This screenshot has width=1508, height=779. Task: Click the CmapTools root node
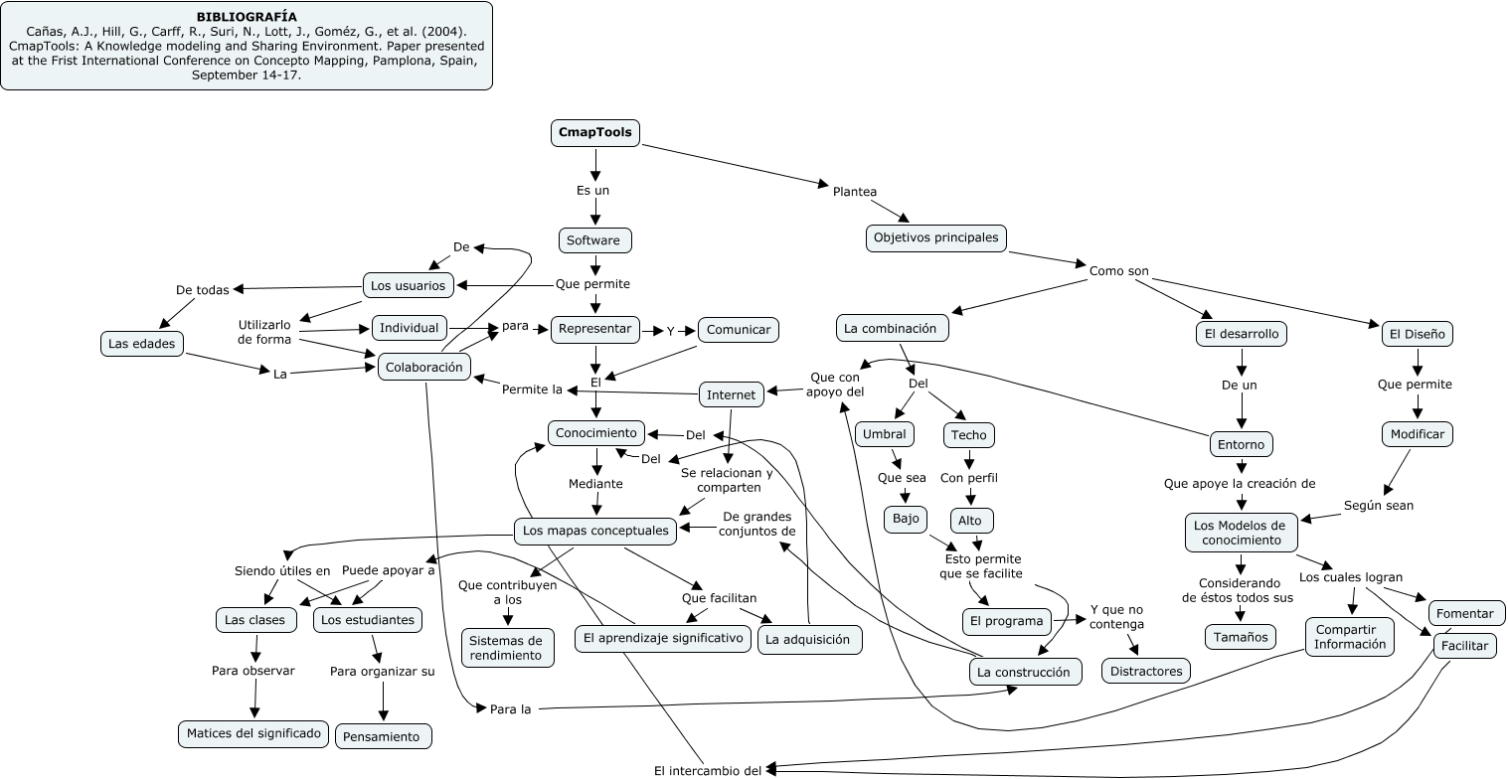[595, 133]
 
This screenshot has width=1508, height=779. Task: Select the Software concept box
[594, 240]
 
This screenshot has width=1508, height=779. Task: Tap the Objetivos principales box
[936, 238]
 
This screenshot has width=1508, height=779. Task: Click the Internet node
[732, 394]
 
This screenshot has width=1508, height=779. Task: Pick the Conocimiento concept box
[595, 433]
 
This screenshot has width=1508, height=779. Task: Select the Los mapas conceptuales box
[595, 532]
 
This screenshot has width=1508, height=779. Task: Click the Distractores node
[1146, 671]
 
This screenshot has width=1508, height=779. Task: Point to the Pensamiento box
[384, 736]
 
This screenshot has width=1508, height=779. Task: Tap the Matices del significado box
[253, 734]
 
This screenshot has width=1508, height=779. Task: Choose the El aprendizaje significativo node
[663, 638]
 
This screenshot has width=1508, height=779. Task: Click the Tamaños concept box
[1241, 637]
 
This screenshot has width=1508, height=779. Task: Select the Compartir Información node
[1349, 637]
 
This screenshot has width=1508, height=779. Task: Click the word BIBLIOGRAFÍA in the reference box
[247, 17]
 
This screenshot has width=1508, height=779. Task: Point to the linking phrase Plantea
[854, 192]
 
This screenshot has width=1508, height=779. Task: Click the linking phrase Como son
[1118, 270]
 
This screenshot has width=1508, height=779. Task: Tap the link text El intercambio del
[707, 770]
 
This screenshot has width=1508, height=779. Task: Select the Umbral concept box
[885, 435]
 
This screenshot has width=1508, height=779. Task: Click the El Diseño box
[1417, 334]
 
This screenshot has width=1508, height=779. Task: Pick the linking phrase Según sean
[1378, 505]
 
